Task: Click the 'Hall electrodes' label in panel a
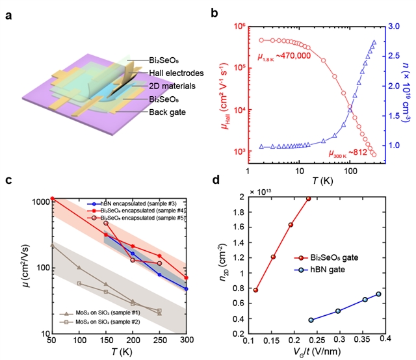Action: (x=157, y=73)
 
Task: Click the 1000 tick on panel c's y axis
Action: (x=39, y=201)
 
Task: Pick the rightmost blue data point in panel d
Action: (x=379, y=294)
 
